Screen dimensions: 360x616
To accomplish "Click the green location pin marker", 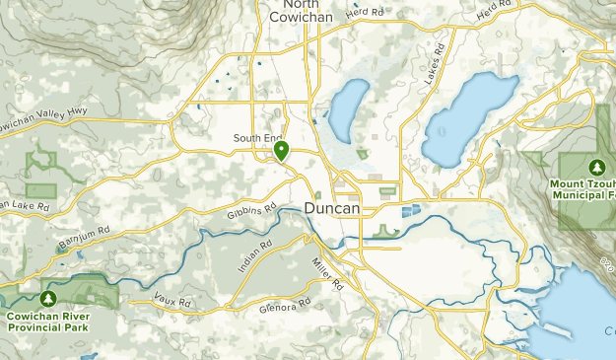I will pyautogui.click(x=281, y=151).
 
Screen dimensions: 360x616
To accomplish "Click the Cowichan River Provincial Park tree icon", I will pyautogui.click(x=47, y=298).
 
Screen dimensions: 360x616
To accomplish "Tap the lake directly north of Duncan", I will pyautogui.click(x=347, y=110).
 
